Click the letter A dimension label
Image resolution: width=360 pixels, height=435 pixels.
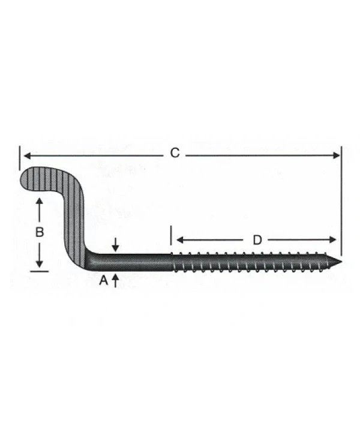(x=103, y=280)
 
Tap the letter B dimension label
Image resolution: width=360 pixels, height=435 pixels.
(x=39, y=233)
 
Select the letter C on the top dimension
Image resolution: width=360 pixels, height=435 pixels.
(x=174, y=154)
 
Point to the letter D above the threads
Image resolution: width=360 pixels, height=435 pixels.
(x=257, y=240)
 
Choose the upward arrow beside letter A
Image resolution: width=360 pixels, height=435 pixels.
(x=115, y=278)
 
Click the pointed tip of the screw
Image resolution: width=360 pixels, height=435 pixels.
(x=340, y=262)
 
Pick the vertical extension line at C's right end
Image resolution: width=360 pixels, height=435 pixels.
(x=341, y=198)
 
